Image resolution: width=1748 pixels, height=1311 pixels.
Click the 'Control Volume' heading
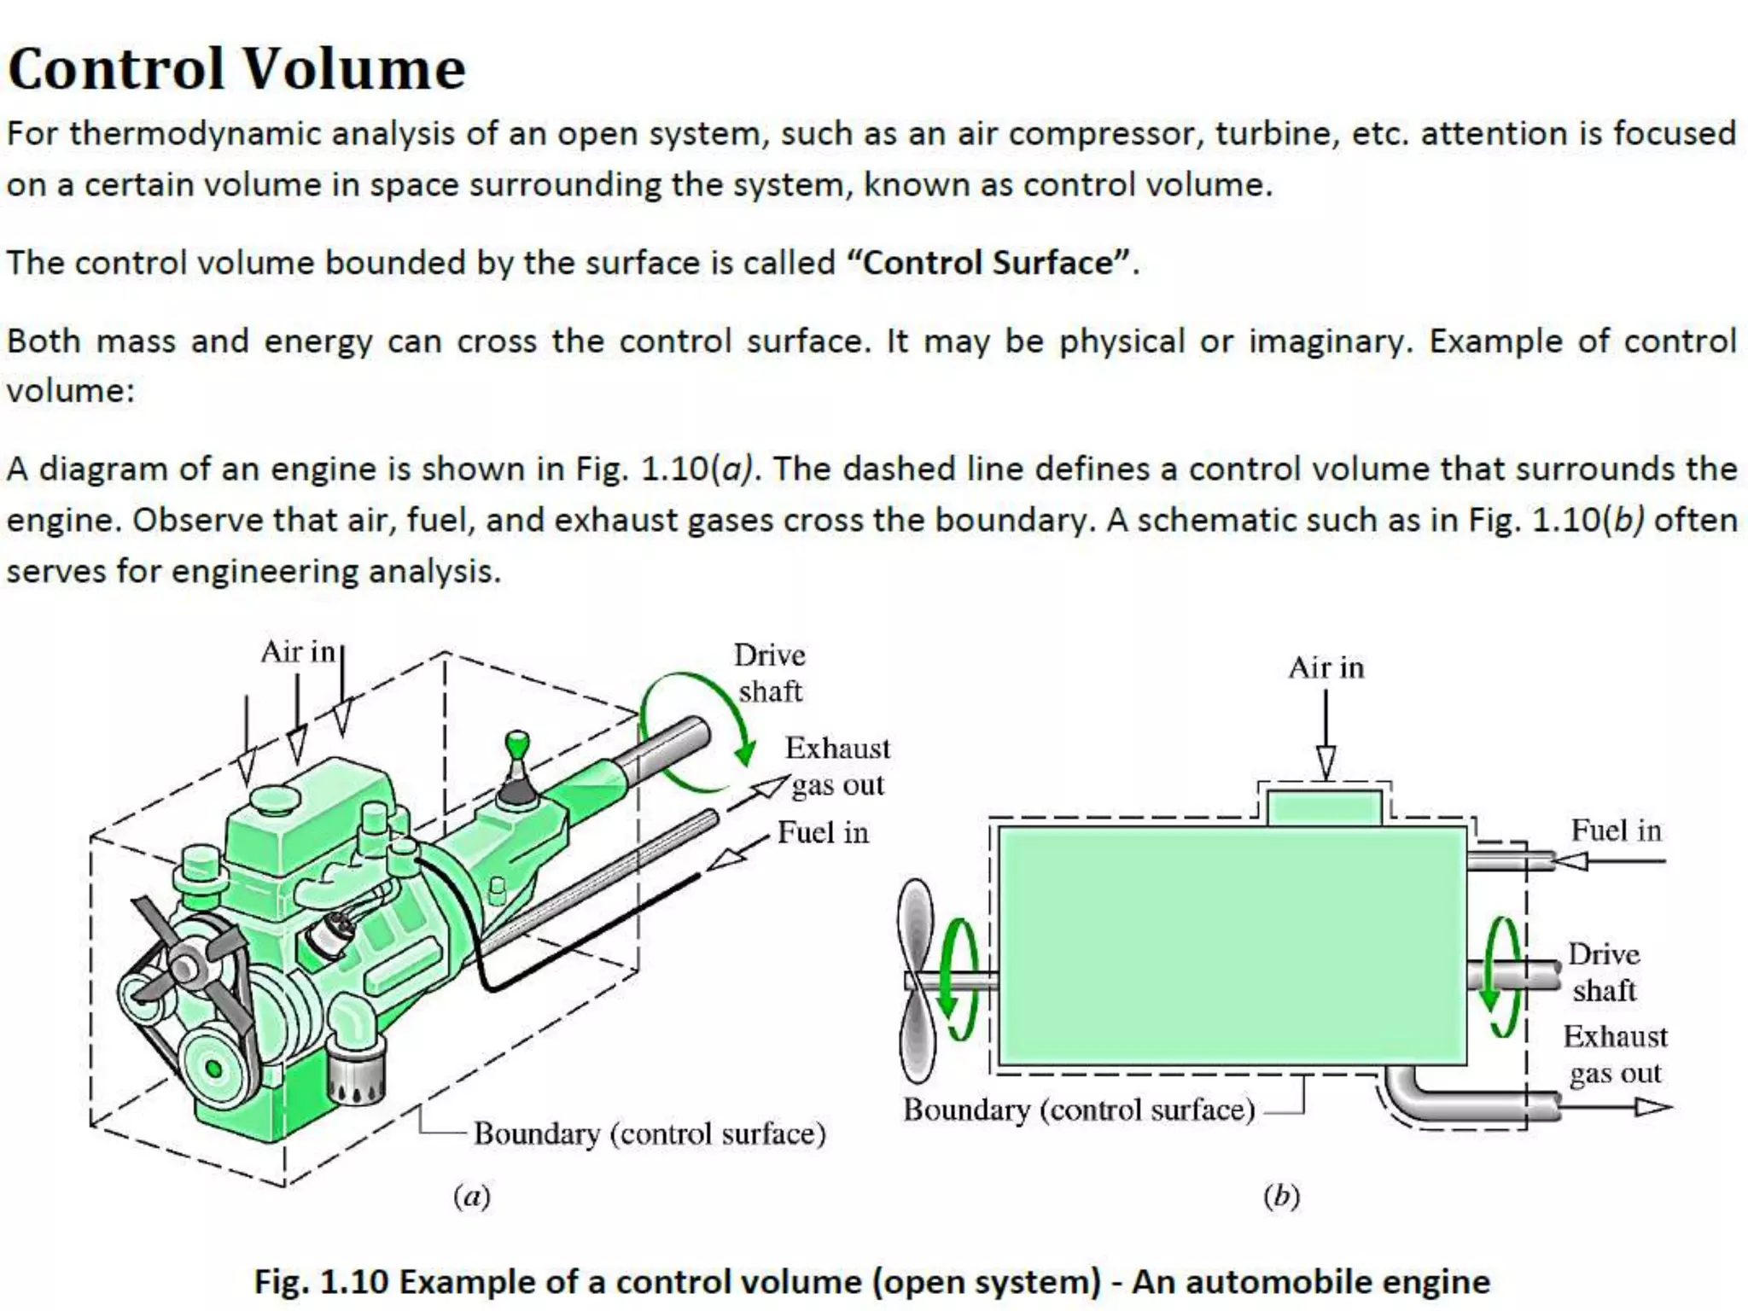pyautogui.click(x=236, y=68)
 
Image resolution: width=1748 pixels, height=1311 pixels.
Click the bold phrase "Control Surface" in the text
pyautogui.click(x=990, y=262)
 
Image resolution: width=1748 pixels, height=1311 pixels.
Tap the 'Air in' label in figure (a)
pyautogui.click(x=297, y=652)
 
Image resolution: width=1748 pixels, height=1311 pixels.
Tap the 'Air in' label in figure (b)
pyautogui.click(x=1326, y=667)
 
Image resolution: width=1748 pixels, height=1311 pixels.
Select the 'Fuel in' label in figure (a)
pyautogui.click(x=823, y=832)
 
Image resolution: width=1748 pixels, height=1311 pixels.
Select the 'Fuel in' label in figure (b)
pyautogui.click(x=1616, y=830)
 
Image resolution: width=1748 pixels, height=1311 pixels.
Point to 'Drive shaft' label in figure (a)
pyautogui.click(x=770, y=673)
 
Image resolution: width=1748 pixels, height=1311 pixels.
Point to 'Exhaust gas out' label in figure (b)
pyautogui.click(x=1615, y=1054)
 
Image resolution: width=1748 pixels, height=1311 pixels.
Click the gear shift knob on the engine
pyautogui.click(x=517, y=743)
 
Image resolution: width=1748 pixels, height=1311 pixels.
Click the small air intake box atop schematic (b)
pyautogui.click(x=1324, y=807)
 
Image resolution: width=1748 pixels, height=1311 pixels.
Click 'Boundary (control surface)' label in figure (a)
pyautogui.click(x=650, y=1133)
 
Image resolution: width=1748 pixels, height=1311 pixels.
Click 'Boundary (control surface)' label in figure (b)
pyautogui.click(x=1079, y=1110)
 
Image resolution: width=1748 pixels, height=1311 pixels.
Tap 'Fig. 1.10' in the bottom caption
pyautogui.click(x=321, y=1282)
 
